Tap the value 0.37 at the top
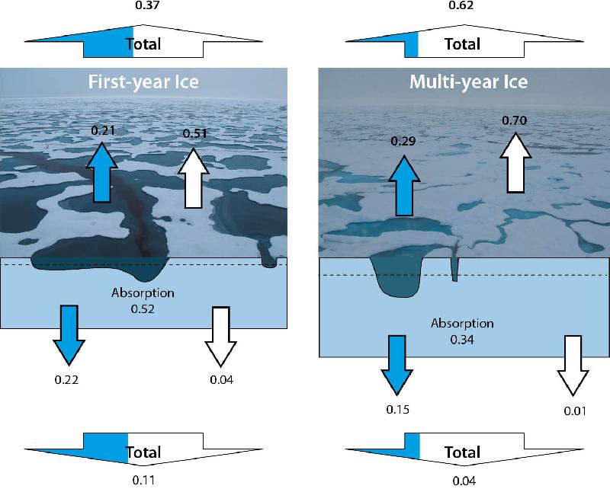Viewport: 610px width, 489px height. click(143, 7)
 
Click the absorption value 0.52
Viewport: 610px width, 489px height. click(143, 308)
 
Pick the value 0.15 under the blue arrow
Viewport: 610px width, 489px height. click(398, 410)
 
